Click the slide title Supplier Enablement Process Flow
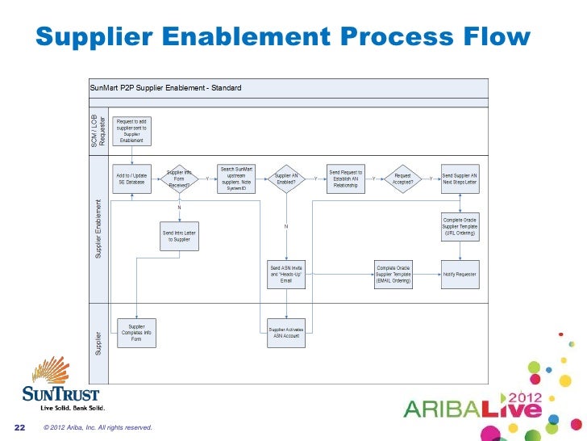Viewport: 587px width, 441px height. (x=283, y=38)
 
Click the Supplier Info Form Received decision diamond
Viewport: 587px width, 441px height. (x=180, y=178)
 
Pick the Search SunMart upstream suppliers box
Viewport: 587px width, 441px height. (x=236, y=174)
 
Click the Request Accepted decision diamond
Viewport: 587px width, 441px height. (x=403, y=178)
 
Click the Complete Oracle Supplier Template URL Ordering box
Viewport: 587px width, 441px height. (x=460, y=227)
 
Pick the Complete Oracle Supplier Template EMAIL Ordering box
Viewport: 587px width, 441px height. (x=393, y=274)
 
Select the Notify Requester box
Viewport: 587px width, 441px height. (x=460, y=274)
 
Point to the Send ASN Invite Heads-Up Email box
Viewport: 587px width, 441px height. (x=286, y=274)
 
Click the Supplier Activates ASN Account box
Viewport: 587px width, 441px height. (x=286, y=332)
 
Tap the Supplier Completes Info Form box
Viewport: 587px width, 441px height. (x=136, y=332)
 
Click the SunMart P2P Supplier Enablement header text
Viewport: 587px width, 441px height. (x=165, y=87)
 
